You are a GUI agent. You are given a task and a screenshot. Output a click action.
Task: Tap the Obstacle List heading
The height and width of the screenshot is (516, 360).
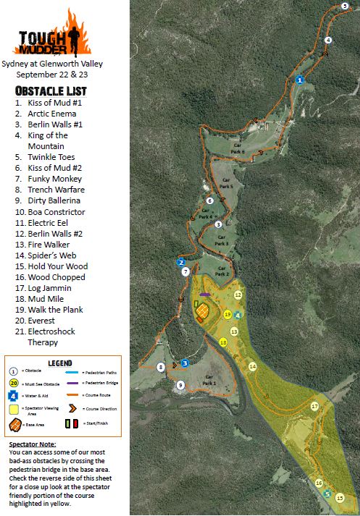51,90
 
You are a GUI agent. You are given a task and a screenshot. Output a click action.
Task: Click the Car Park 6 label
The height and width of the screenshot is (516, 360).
238,148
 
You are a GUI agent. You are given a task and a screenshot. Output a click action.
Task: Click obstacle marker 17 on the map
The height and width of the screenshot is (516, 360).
314,407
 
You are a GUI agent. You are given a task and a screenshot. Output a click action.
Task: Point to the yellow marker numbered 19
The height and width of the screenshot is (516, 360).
227,315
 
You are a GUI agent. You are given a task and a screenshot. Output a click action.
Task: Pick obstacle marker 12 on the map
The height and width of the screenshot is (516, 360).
238,295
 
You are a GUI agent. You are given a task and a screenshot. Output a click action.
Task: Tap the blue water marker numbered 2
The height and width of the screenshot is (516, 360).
181,262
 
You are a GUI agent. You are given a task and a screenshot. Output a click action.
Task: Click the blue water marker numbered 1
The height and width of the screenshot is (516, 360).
300,80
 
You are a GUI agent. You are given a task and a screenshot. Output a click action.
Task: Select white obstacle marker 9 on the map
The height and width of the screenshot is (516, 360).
180,385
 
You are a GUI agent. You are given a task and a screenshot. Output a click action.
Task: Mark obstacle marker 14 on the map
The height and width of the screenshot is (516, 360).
252,367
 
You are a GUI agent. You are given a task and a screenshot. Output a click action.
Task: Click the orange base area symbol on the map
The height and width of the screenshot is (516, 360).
204,312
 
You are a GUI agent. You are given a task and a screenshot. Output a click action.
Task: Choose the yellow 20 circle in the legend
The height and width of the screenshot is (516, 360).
14,383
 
